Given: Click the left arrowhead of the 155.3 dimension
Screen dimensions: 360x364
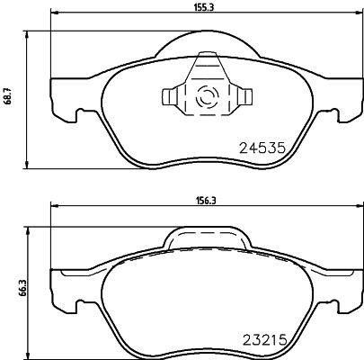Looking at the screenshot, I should [x=52, y=13].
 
